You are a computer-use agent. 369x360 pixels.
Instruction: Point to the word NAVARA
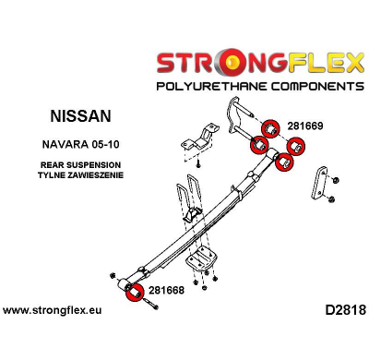pos(66,146)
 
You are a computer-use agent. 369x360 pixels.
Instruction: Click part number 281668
pos(166,290)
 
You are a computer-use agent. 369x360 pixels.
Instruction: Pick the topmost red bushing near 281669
pos(271,128)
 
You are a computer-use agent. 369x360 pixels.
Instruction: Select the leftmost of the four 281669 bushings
pos(259,145)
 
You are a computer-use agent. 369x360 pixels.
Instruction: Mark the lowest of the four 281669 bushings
pos(284,162)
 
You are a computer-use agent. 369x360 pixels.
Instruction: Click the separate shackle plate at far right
pos(319,182)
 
